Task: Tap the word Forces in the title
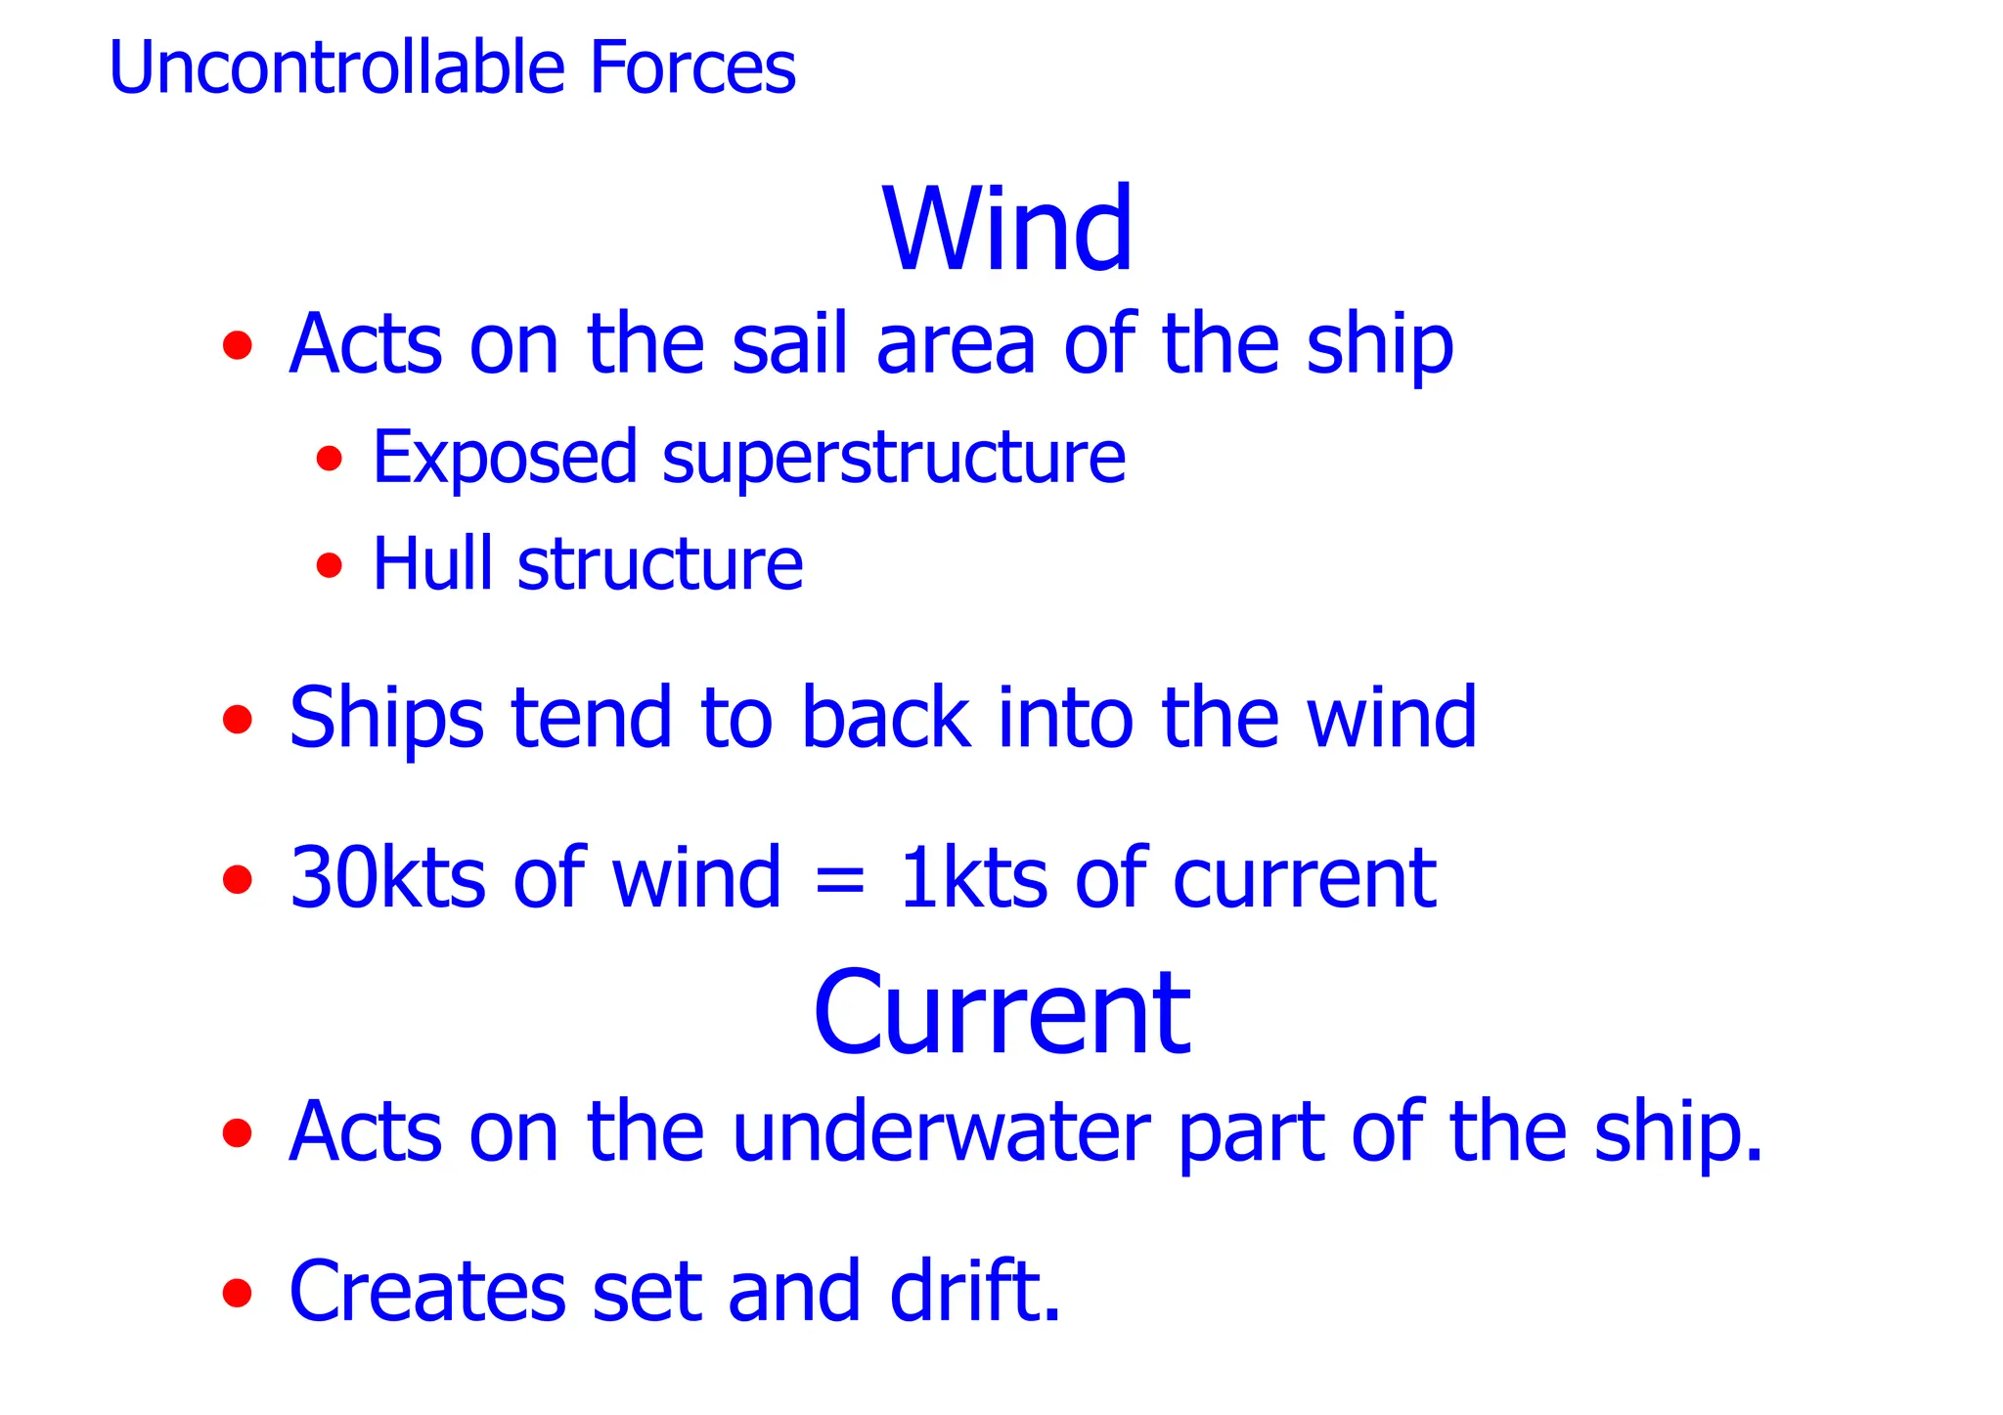click(692, 68)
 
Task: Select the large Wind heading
click(1007, 229)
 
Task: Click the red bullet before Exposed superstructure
click(330, 458)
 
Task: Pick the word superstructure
click(894, 458)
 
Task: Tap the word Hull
click(431, 564)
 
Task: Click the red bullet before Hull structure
click(330, 565)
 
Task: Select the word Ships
click(386, 719)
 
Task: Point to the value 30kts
click(387, 878)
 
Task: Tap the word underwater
click(941, 1131)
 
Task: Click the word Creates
click(427, 1292)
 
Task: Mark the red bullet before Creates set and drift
click(238, 1294)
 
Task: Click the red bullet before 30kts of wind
click(238, 879)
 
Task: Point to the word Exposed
click(505, 458)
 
